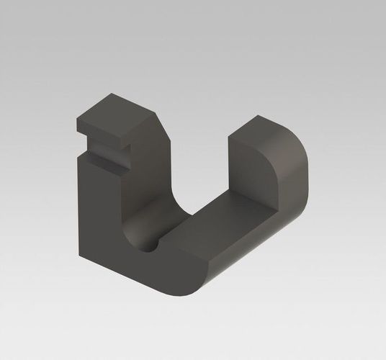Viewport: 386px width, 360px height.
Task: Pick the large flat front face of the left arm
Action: coord(101,216)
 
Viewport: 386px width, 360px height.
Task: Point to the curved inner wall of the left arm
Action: coord(137,209)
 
